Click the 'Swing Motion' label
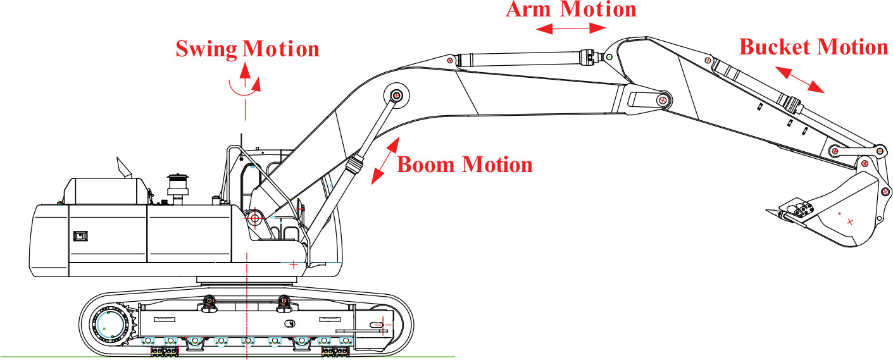pyautogui.click(x=247, y=49)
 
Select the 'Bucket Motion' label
pyautogui.click(x=814, y=47)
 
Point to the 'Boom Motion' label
pyautogui.click(x=465, y=164)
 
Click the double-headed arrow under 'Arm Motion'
pyautogui.click(x=571, y=28)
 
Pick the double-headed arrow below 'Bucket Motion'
pyautogui.click(x=800, y=80)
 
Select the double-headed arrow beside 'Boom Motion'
pyautogui.click(x=385, y=161)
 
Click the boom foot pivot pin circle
pyautogui.click(x=255, y=218)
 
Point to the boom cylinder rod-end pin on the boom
pyautogui.click(x=396, y=96)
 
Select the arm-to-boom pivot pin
pyautogui.click(x=663, y=100)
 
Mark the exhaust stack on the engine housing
pyautogui.click(x=177, y=189)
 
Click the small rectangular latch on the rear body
pyautogui.click(x=80, y=236)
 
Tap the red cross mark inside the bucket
pyautogui.click(x=851, y=221)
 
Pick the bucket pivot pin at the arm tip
pyautogui.click(x=865, y=163)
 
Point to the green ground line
pyautogui.click(x=227, y=357)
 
